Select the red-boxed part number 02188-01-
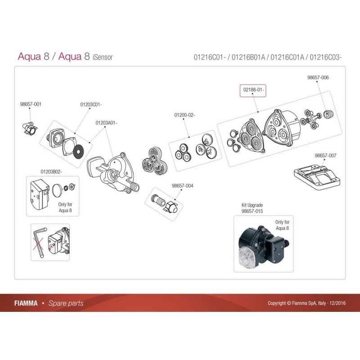pyautogui.click(x=253, y=90)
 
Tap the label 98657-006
pyautogui.click(x=318, y=77)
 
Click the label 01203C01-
pyautogui.click(x=91, y=104)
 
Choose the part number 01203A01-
pyautogui.click(x=106, y=122)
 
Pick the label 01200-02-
pyautogui.click(x=184, y=116)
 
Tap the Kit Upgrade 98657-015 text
pyautogui.click(x=252, y=207)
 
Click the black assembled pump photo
pyautogui.click(x=259, y=245)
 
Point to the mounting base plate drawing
pyautogui.click(x=315, y=177)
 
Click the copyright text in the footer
pyautogui.click(x=306, y=303)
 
